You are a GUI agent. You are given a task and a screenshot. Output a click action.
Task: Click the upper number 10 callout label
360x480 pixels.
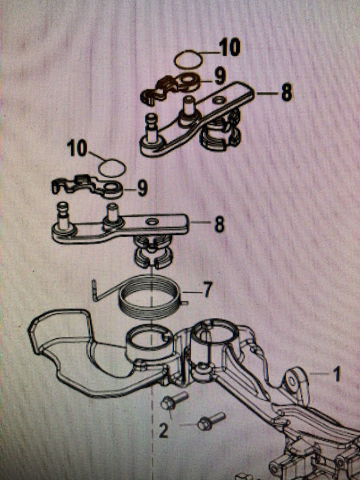tap(230, 49)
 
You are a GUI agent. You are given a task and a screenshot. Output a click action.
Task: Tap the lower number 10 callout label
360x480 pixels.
tap(77, 148)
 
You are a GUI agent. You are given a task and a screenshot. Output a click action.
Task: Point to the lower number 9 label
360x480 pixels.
tap(142, 188)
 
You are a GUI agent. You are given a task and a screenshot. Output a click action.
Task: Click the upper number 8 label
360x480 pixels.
tap(286, 92)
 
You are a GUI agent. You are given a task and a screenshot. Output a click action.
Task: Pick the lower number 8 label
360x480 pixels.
tap(219, 225)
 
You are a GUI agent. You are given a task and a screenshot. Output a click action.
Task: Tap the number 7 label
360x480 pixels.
tap(207, 290)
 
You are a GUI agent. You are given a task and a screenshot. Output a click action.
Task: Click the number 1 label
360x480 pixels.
tap(337, 374)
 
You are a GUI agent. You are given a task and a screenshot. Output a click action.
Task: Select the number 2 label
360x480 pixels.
tap(164, 430)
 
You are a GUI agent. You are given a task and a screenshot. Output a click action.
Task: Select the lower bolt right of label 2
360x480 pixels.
tap(212, 421)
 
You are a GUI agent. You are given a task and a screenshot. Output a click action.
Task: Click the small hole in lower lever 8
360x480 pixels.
tap(152, 221)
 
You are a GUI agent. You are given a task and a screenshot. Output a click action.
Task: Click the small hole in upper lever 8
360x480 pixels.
tap(219, 100)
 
